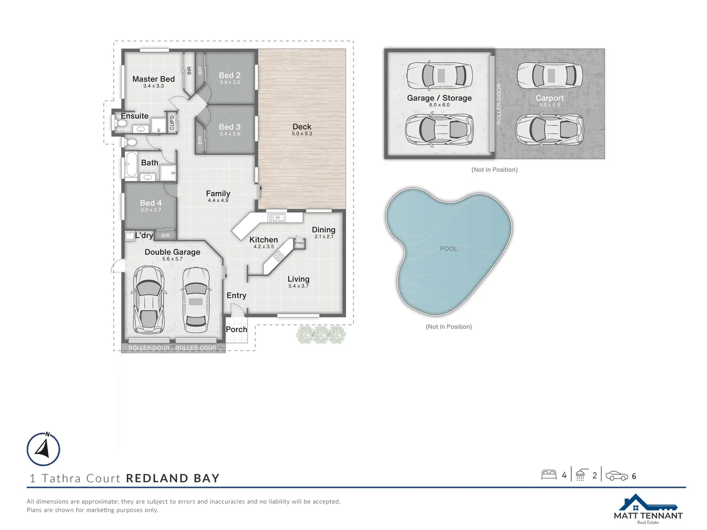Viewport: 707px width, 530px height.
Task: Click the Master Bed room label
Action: [153, 79]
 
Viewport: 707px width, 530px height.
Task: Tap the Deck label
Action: [302, 127]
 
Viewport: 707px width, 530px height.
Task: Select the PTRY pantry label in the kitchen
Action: [299, 243]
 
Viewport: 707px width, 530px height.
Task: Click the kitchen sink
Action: [276, 217]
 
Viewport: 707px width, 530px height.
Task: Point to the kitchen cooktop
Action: [278, 256]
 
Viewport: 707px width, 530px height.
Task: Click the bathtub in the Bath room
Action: [131, 164]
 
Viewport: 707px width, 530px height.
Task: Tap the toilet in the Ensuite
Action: [121, 123]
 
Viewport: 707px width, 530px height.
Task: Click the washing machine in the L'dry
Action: [130, 236]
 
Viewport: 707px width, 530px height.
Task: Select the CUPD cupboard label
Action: [172, 122]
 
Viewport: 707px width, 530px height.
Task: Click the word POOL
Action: [448, 249]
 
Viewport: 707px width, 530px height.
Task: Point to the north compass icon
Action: [43, 449]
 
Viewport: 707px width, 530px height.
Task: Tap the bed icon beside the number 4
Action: [548, 475]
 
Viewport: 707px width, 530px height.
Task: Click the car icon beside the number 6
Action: [617, 476]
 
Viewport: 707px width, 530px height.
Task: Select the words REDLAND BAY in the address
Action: [172, 478]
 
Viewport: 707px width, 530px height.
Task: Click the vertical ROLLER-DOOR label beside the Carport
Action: [499, 104]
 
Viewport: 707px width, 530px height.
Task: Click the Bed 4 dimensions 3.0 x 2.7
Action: [151, 210]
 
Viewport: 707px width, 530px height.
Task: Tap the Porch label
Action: [236, 329]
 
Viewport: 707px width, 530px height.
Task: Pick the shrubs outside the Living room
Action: [321, 335]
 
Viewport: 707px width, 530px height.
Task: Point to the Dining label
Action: [324, 230]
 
